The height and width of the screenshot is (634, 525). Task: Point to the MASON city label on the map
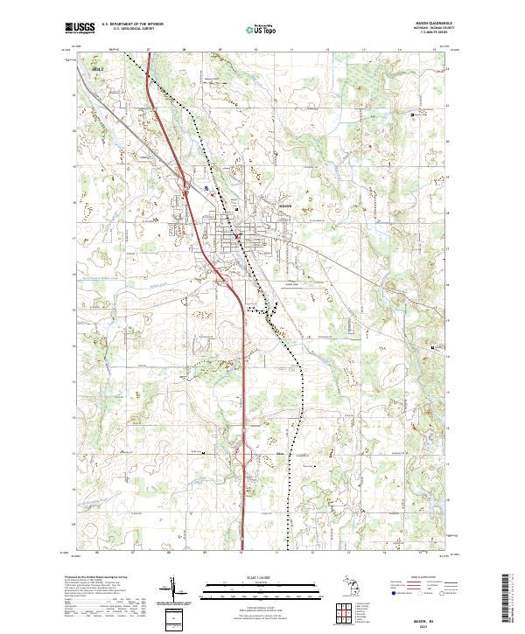pyautogui.click(x=283, y=206)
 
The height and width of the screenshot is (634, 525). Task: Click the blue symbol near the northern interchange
pyautogui.click(x=206, y=186)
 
